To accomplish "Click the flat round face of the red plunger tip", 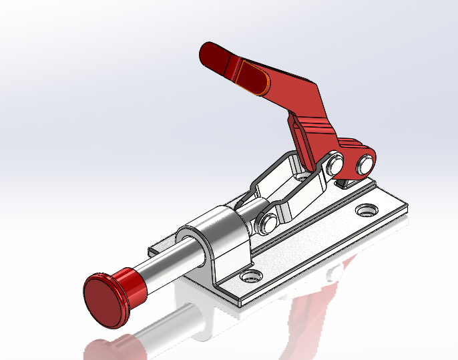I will (104, 301).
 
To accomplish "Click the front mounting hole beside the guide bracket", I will (251, 275).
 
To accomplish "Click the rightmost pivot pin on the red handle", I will (365, 162).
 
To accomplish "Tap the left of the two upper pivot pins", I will (335, 162).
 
